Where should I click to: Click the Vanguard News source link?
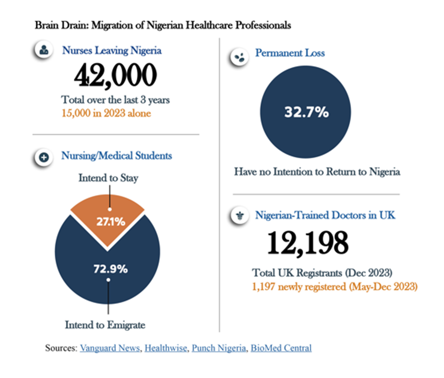(x=110, y=348)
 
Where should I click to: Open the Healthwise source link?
(x=166, y=348)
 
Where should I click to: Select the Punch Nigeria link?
(x=218, y=348)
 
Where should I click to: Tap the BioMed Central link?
(x=281, y=348)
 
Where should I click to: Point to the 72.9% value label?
(x=110, y=269)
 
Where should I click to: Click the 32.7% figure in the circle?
(x=306, y=112)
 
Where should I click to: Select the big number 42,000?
(x=115, y=75)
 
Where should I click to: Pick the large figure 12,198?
(x=308, y=242)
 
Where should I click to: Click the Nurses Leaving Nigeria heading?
(x=112, y=50)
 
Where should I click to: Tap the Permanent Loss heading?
(x=290, y=53)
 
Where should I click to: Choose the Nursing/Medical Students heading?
(x=117, y=155)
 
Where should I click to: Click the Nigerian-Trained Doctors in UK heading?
(x=325, y=215)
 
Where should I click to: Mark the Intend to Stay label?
(x=109, y=178)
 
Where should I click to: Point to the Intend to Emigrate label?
(x=105, y=325)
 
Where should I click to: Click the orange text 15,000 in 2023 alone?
(x=106, y=113)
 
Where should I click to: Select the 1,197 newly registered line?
(x=335, y=287)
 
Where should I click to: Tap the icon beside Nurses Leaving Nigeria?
(x=44, y=50)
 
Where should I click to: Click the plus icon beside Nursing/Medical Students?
(x=44, y=157)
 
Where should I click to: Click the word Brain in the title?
(x=47, y=25)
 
